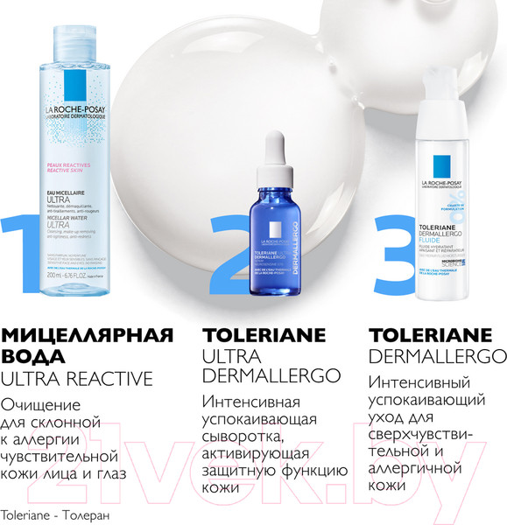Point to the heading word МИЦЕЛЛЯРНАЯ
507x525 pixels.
(88, 335)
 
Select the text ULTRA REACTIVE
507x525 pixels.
(76, 378)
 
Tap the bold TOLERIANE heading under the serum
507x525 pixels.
(264, 335)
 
